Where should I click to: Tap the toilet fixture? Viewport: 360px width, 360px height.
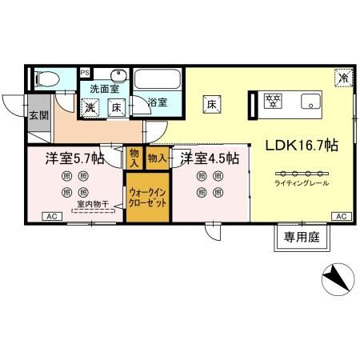47,79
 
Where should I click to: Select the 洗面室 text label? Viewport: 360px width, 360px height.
103,88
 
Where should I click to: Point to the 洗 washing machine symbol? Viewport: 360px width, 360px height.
92,106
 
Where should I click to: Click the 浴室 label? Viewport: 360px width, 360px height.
158,102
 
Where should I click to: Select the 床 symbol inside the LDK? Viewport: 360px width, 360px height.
212,103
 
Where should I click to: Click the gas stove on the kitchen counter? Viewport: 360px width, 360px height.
274,102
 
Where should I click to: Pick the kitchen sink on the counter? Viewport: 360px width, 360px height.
309,102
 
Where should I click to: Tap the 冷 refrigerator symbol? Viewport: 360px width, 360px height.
343,78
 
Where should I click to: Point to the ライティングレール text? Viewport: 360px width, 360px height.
301,184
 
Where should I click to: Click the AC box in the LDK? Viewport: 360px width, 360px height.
341,217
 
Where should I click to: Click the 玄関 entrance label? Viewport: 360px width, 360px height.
38,115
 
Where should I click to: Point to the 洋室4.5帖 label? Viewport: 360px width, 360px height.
209,158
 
